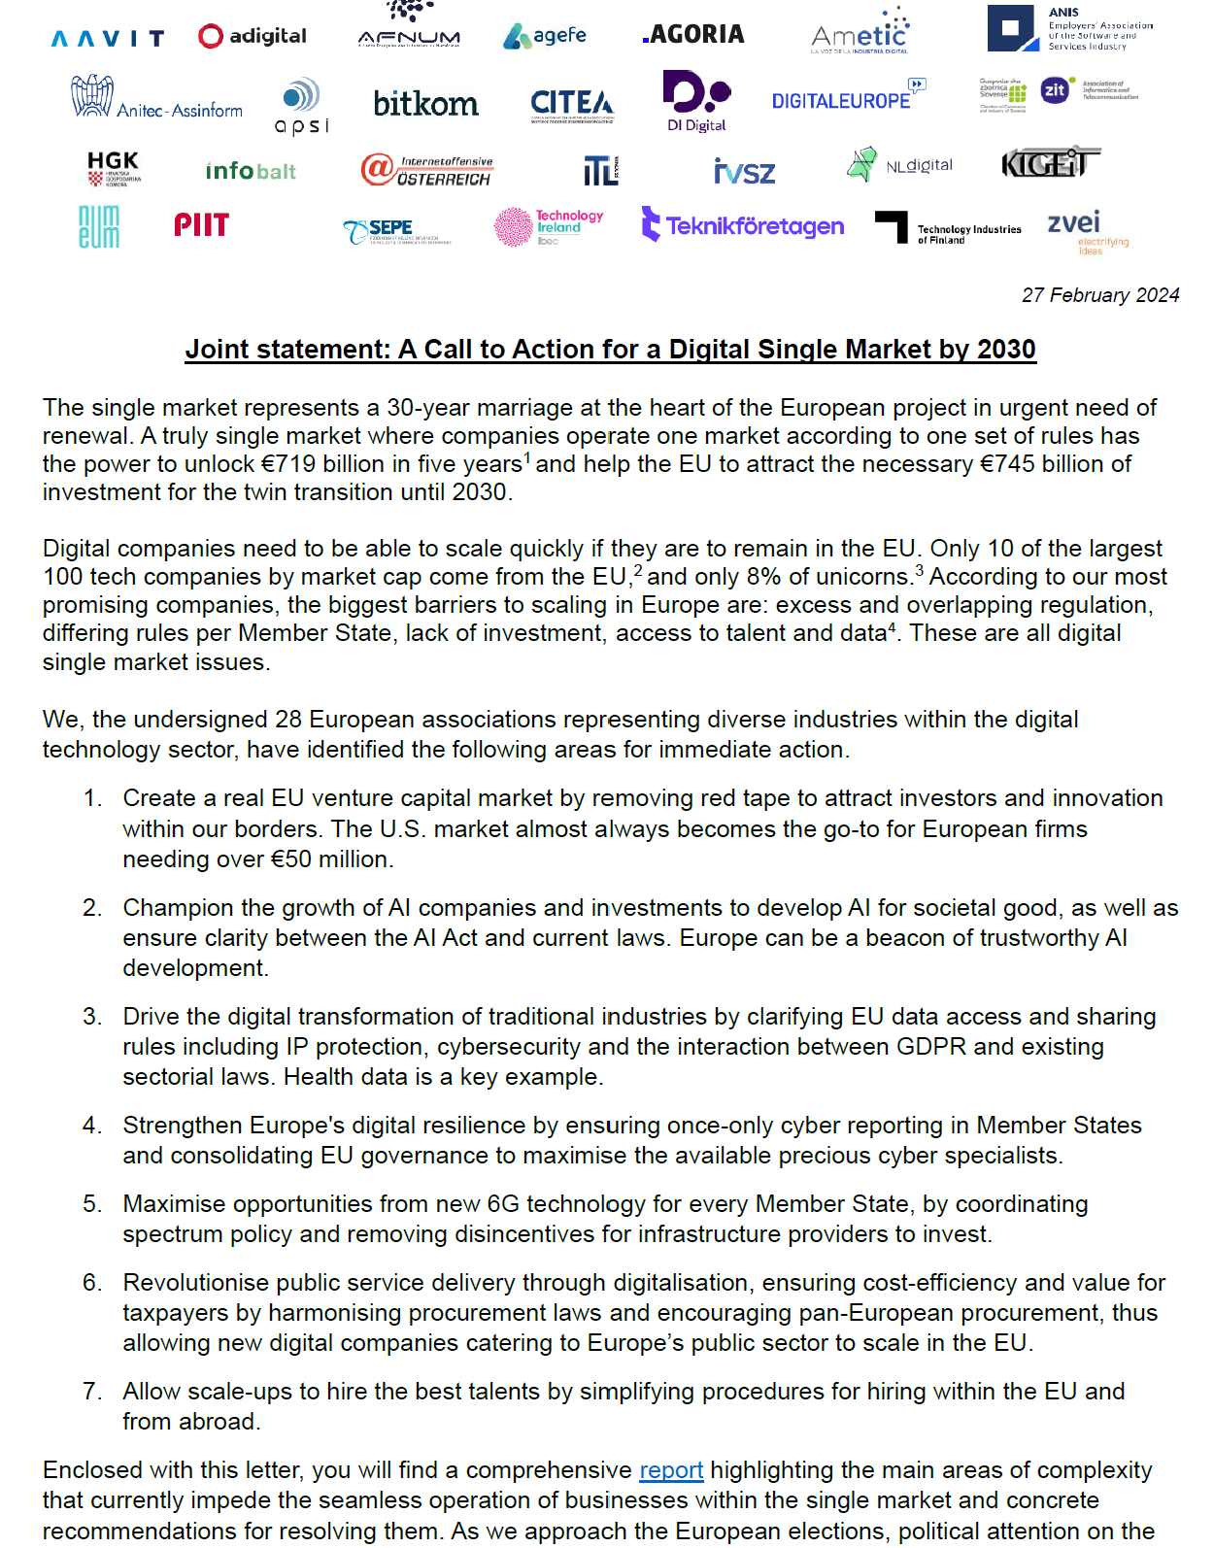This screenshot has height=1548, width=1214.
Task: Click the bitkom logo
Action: [x=425, y=103]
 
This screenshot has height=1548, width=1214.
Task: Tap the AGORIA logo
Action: [x=693, y=35]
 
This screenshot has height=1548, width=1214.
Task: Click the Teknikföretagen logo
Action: [x=743, y=225]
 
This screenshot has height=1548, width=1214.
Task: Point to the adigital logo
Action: [x=253, y=36]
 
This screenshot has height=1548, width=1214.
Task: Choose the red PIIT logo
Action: [x=201, y=225]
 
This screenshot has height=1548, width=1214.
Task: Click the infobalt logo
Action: [x=251, y=171]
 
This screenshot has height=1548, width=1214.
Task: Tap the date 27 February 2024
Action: [x=1099, y=295]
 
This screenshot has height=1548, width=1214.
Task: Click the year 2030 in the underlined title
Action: [x=1006, y=350]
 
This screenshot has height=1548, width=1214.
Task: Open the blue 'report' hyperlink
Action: [x=671, y=1470]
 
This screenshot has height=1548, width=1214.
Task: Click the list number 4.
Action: [x=92, y=1126]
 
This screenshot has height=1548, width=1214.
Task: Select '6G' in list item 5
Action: [x=503, y=1204]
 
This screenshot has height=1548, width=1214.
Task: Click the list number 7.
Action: [x=92, y=1392]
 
